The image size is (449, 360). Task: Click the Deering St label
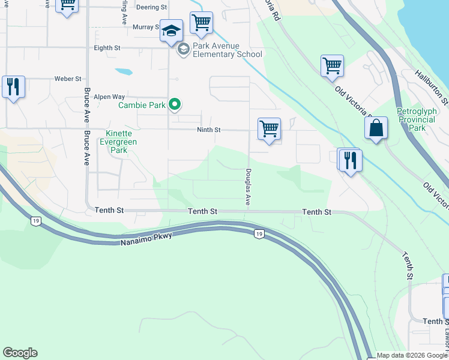point(151,7)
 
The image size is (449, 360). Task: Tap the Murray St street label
point(146,27)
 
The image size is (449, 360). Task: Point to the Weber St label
point(68,79)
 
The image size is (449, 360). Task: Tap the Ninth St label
point(209,130)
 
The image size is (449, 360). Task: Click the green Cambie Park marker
point(175,105)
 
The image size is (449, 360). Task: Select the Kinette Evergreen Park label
point(121,142)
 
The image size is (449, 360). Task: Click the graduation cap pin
point(171,31)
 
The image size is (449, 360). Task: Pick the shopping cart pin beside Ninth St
point(269,128)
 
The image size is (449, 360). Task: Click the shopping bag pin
point(376,128)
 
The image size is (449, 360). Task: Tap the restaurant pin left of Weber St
point(13,87)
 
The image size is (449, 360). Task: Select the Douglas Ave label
point(247,186)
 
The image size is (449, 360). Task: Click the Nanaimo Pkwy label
point(146,239)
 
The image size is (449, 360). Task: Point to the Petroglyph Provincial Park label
point(420,119)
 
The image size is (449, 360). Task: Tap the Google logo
point(20,353)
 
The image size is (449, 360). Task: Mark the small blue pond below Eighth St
point(124,71)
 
